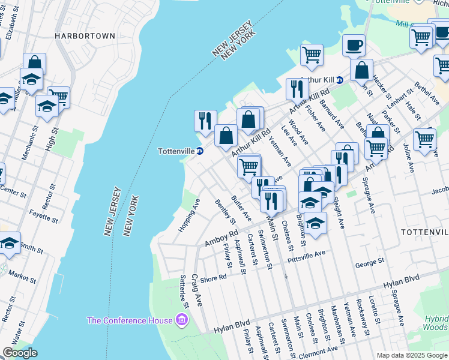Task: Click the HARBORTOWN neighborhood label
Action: [x=85, y=36]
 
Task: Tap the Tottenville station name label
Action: [x=175, y=151]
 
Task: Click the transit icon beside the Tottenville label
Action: [x=200, y=151]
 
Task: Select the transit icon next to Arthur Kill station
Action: [x=339, y=80]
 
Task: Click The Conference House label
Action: [x=130, y=320]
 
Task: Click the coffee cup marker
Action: [x=354, y=44]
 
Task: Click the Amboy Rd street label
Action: [x=221, y=237]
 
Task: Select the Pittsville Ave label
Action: [x=306, y=254]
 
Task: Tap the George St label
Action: [x=369, y=262]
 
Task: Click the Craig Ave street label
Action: [x=197, y=290]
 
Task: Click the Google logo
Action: [x=20, y=353]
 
